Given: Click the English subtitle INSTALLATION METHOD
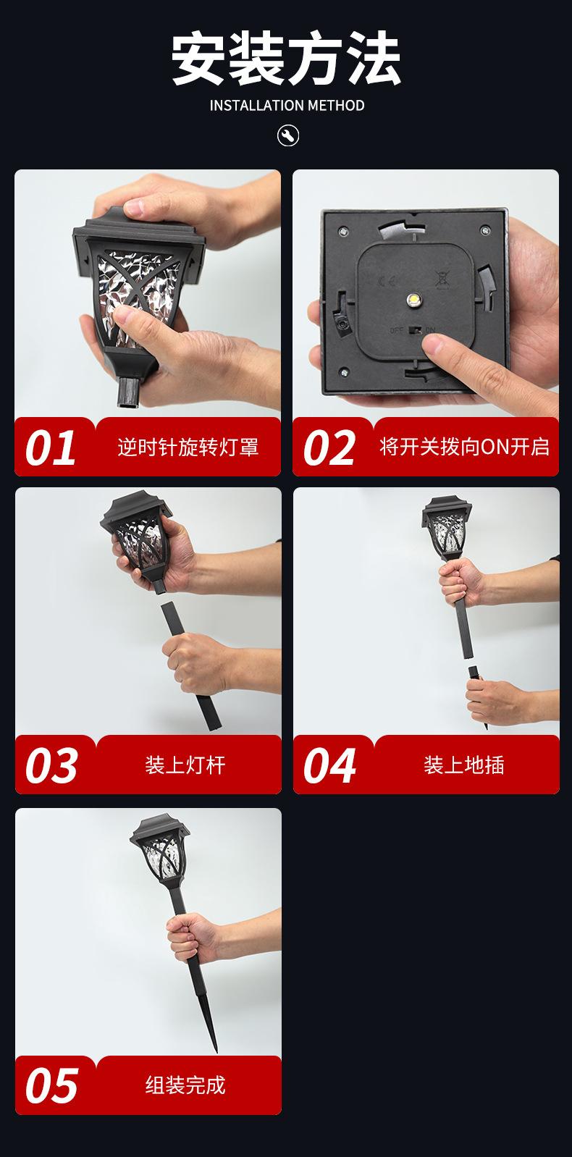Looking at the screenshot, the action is pos(287,106).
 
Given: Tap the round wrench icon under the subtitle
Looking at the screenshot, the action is pos(287,135).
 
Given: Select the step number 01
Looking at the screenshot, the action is pos(51,447).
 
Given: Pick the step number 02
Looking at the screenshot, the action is pos(329,447).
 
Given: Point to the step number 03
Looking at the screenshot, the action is pos(51,765).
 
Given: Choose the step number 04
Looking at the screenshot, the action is pos(329,765).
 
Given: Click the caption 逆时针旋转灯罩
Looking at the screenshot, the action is pos(188,447).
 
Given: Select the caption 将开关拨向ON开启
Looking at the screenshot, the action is pos(464,447).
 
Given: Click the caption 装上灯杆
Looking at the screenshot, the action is pos(185,765).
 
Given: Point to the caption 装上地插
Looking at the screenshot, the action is pos(463,765).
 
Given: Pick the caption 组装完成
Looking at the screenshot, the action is pos(185,1085).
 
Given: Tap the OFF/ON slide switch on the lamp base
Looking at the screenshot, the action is pos(414,329).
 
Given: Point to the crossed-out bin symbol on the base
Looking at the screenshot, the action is pos(442,279).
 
